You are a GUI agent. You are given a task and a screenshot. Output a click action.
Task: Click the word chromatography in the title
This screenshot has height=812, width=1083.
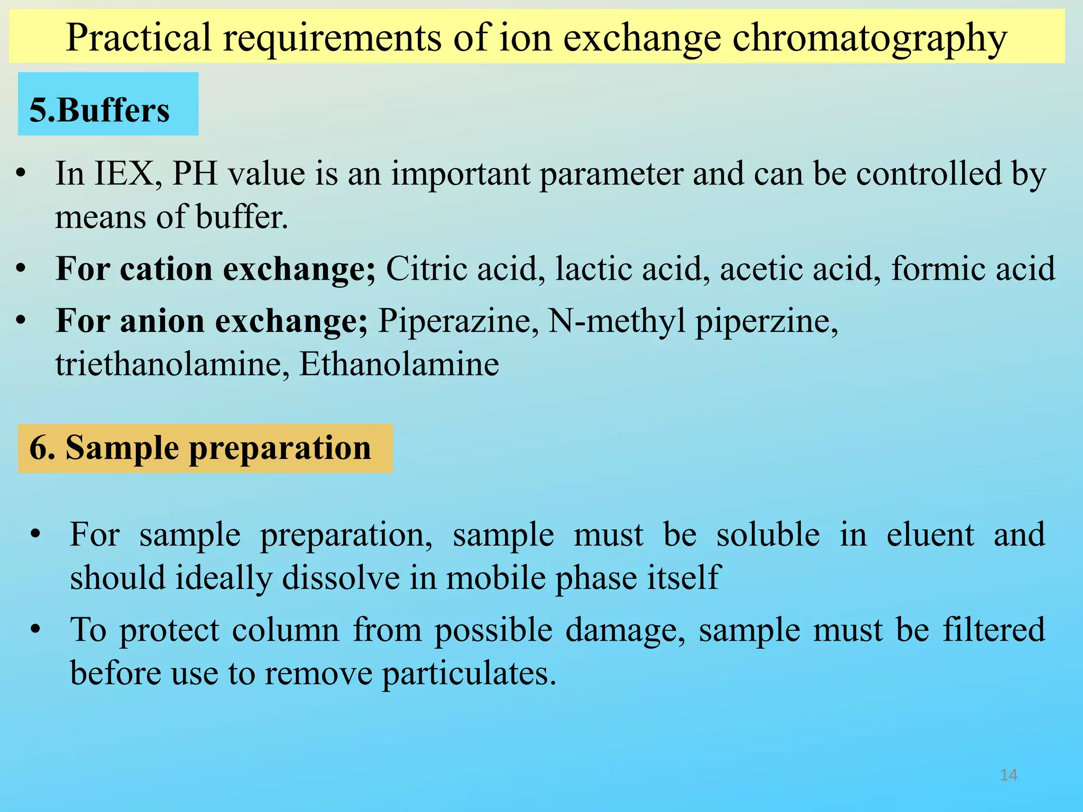[x=869, y=38]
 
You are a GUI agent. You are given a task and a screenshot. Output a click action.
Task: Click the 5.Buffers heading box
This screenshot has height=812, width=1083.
[x=108, y=104]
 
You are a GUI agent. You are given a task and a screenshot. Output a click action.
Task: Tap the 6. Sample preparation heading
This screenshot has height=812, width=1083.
[x=205, y=448]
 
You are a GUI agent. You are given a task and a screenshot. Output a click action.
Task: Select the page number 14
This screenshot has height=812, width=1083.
[x=1008, y=775]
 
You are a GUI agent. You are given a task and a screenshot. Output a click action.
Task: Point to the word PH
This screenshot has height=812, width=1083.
[x=195, y=174]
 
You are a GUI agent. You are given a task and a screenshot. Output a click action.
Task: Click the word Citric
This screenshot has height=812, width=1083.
[x=426, y=269]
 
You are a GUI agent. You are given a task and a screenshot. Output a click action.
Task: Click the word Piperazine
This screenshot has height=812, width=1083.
[x=458, y=321]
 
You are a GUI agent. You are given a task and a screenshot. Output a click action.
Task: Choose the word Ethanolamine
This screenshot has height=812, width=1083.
[x=399, y=364]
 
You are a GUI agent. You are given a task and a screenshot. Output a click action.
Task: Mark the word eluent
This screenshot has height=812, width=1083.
[x=930, y=534]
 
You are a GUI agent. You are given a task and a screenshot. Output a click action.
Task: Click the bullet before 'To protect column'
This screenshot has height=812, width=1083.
[x=35, y=629]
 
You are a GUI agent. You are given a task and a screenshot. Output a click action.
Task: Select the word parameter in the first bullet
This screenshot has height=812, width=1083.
[x=611, y=174]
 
